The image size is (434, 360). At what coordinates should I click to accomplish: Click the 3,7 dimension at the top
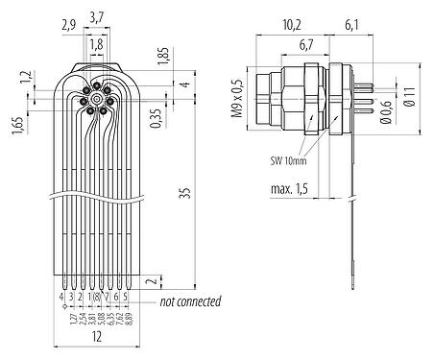click(x=97, y=17)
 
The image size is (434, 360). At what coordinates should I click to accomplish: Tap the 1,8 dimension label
click(x=96, y=44)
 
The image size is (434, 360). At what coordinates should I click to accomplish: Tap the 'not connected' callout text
click(x=190, y=301)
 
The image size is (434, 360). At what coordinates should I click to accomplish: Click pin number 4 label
click(x=61, y=298)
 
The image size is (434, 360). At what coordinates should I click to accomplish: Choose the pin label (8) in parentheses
click(x=97, y=298)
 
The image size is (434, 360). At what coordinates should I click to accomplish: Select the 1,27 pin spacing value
click(x=70, y=320)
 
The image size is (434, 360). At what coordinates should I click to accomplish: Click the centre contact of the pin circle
click(x=97, y=99)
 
